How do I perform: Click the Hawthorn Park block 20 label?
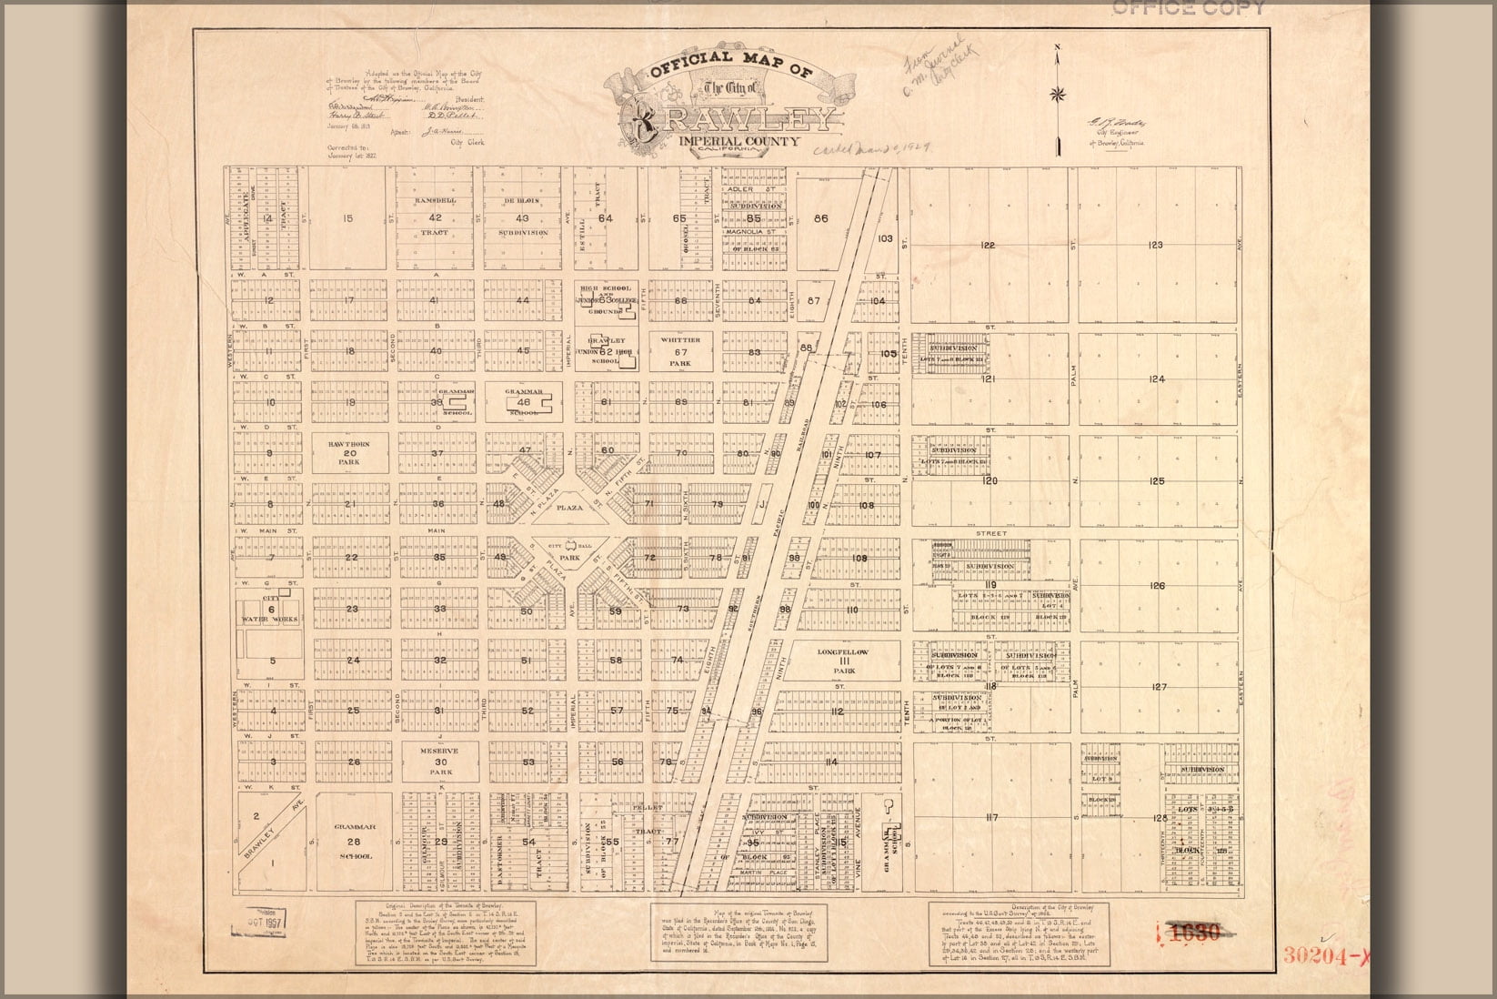coord(349,450)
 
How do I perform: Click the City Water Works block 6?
coord(270,609)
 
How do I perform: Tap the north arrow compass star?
coord(1058,93)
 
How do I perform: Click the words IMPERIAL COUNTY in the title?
coord(738,142)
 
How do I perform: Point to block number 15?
coord(347,218)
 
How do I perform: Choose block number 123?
coord(1156,245)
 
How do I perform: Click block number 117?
coord(990,818)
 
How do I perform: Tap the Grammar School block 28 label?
coord(354,842)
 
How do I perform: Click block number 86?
coord(822,218)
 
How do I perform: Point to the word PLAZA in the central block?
coord(568,509)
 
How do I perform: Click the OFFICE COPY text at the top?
coord(1187,8)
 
